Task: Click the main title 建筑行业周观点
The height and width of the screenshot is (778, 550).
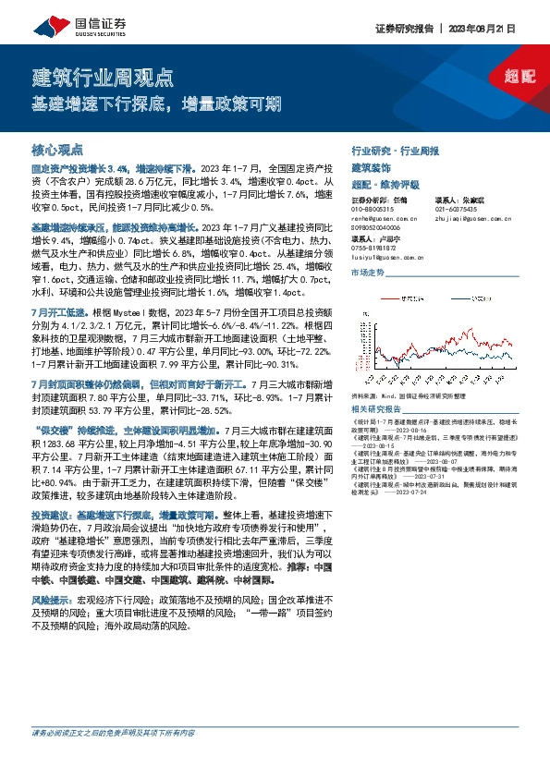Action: click(x=102, y=76)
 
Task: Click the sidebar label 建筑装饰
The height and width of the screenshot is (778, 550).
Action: click(x=372, y=167)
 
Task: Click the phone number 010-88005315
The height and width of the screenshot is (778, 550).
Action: click(x=373, y=209)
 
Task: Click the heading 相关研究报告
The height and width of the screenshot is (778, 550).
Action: click(x=377, y=408)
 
